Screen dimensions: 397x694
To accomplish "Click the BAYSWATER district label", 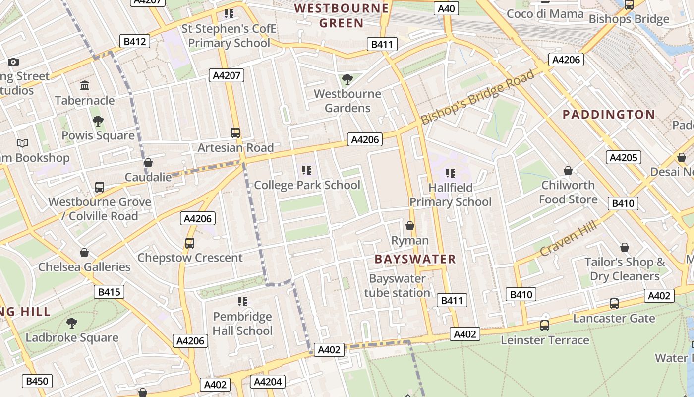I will [x=415, y=259].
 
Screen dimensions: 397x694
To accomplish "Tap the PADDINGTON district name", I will [x=609, y=115].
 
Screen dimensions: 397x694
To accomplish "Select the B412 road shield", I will [x=135, y=41].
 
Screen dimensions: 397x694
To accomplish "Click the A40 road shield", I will [x=447, y=8].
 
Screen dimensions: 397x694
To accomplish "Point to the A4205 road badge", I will [x=623, y=158].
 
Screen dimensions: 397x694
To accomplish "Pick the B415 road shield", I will [x=109, y=292].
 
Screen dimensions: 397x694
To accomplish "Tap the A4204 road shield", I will [x=268, y=381].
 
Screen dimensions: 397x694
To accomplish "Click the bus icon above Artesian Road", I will [x=235, y=133].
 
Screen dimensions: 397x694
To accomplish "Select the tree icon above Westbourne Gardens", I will [x=347, y=79].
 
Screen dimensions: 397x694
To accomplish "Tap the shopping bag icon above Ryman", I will [x=410, y=226].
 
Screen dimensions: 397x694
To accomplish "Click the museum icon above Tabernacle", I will [x=85, y=86].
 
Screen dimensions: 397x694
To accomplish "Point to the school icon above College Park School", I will [x=307, y=170].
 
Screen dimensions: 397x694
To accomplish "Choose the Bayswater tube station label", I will [x=397, y=286].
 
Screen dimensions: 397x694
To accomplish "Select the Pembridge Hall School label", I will [x=242, y=324].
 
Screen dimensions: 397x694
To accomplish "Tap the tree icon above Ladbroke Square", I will [x=72, y=323].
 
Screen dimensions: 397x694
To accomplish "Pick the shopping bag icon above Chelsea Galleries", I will [x=84, y=253].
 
